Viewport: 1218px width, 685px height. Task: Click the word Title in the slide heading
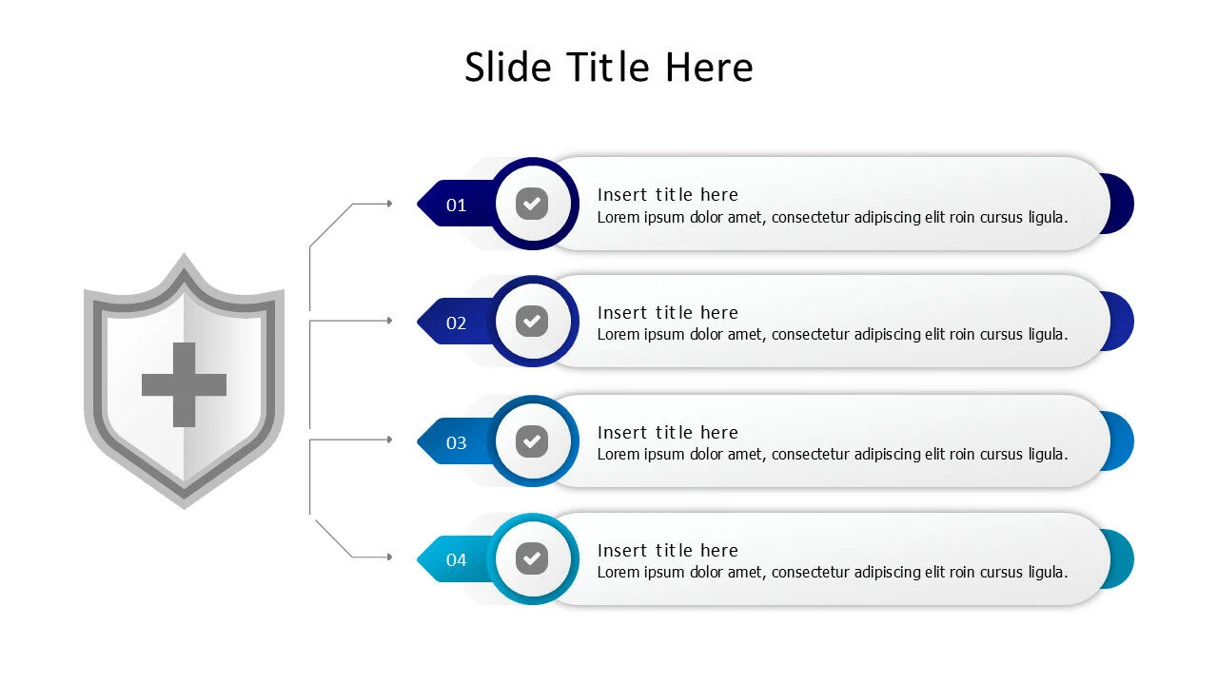608,68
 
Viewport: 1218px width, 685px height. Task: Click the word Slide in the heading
508,68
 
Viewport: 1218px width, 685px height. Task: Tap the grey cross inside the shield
184,384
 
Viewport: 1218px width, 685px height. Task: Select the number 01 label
456,205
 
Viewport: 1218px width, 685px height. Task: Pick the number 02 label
456,323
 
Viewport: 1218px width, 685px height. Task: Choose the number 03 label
456,442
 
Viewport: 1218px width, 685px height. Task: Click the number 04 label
456,559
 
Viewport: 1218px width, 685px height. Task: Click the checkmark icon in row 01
532,204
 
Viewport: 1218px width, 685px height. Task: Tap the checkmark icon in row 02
532,322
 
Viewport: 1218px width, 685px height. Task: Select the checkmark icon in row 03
532,440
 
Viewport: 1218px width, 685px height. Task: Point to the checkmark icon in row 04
532,558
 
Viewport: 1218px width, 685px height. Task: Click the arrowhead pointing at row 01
389,204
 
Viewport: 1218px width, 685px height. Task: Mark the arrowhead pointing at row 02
389,321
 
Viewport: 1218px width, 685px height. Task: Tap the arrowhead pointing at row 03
389,440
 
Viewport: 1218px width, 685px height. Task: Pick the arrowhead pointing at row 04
389,557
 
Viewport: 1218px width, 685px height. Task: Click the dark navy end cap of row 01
1121,204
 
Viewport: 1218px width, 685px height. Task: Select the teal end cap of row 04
1121,558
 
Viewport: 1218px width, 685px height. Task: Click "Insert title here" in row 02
668,313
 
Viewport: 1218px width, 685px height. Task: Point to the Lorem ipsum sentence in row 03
833,455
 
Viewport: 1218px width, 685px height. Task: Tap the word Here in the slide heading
709,68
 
